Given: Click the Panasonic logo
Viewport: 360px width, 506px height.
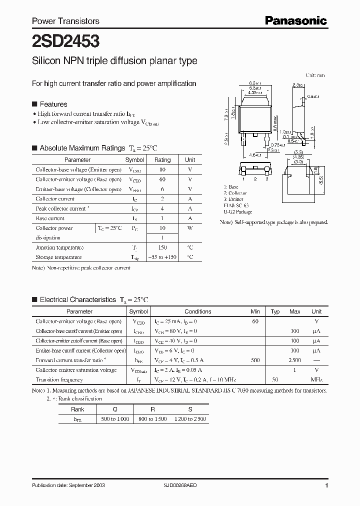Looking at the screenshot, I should [x=295, y=20].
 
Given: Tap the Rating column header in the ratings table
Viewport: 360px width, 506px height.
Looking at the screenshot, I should [x=162, y=160].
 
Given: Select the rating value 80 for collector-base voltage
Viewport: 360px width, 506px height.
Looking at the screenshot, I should [x=162, y=169].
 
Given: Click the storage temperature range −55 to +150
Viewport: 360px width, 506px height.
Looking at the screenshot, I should [x=162, y=257].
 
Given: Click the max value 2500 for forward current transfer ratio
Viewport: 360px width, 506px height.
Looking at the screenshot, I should [x=294, y=360].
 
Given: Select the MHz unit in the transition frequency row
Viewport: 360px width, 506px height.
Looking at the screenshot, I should [x=316, y=380].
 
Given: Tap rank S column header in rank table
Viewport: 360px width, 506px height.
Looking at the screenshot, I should [x=190, y=409].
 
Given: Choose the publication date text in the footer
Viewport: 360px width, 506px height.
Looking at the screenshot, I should [x=68, y=485].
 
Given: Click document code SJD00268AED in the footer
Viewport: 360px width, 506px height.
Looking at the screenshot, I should [x=180, y=485].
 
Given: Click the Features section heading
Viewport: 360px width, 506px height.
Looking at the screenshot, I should [x=53, y=104].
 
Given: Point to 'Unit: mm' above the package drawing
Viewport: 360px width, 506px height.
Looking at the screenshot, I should [x=315, y=75].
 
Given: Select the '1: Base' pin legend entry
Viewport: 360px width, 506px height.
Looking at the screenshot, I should [x=231, y=186].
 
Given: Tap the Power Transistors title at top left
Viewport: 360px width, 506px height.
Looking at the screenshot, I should [x=65, y=21].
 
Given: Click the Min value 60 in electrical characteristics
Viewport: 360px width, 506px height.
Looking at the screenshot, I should [x=255, y=321].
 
